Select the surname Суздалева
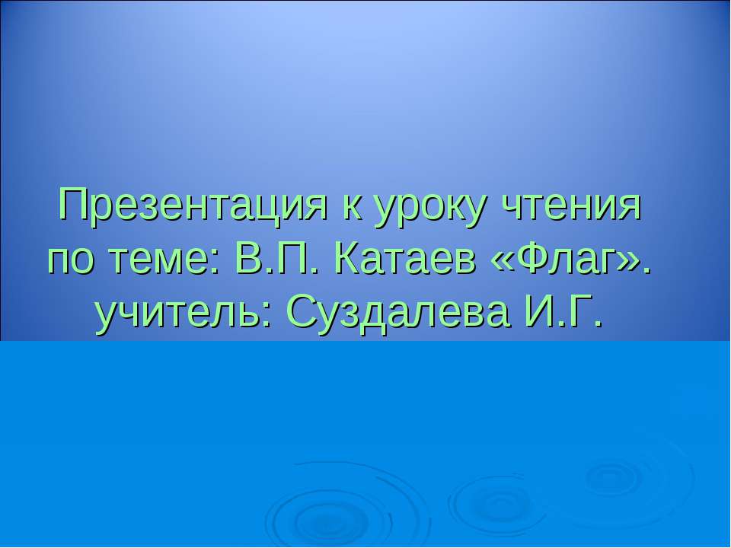coord(396,311)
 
